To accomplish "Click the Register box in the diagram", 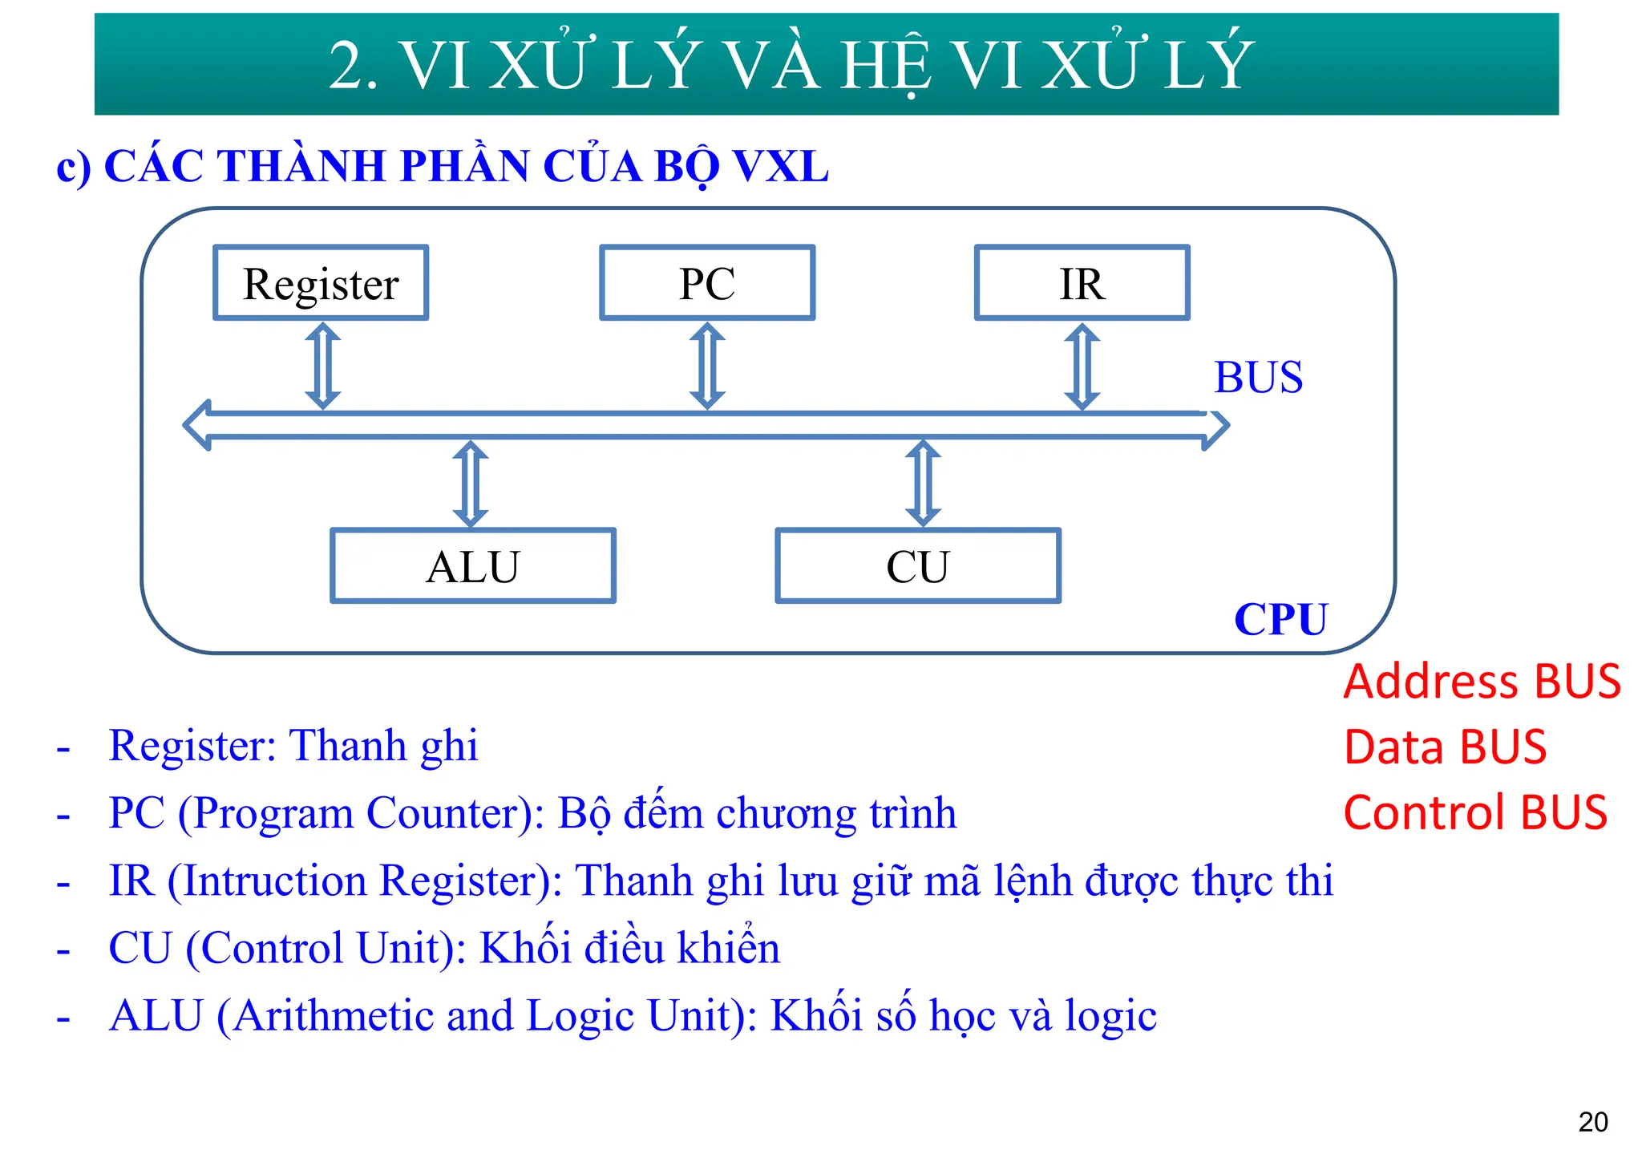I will [x=321, y=283].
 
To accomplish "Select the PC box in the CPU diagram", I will [x=707, y=283].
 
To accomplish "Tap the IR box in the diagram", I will [x=1082, y=283].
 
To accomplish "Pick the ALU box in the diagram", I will [x=473, y=566].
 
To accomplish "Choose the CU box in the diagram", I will [x=918, y=566].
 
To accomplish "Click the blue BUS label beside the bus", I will [x=1258, y=377].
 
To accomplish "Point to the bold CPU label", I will [x=1280, y=619].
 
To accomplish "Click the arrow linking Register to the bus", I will [x=323, y=366].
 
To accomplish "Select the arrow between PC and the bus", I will [x=707, y=366].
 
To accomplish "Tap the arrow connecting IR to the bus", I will [x=1082, y=366].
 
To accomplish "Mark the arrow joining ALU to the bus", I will [x=471, y=484].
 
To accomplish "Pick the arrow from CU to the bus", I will [x=923, y=484].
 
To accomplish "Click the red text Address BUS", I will [x=1482, y=682].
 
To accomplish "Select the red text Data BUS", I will [x=1445, y=747].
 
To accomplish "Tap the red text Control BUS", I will [x=1475, y=812].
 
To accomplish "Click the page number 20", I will [x=1592, y=1122].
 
